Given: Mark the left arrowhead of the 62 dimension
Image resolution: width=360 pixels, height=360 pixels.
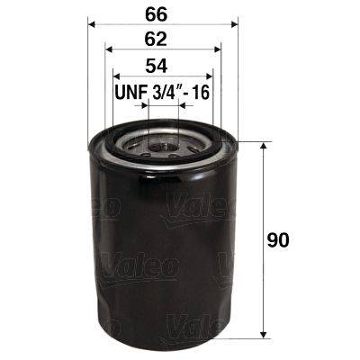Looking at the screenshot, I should coord(109,50).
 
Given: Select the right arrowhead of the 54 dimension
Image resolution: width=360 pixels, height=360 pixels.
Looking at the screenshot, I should coord(210,76).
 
